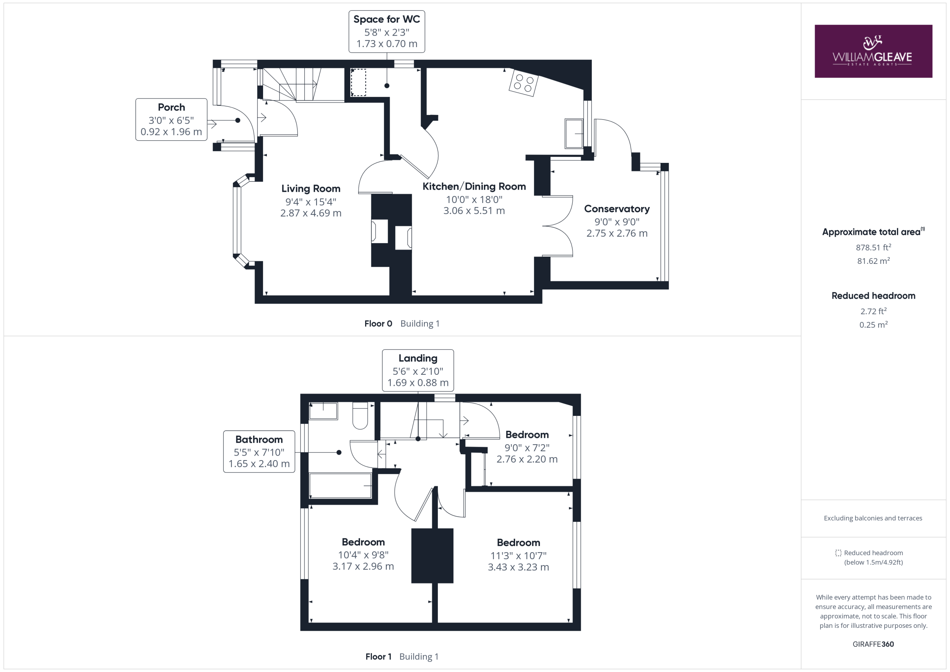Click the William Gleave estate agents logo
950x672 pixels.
point(873,51)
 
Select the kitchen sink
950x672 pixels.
point(574,133)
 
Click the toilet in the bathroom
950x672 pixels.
point(360,416)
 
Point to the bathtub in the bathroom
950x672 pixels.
point(341,486)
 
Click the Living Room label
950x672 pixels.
point(311,189)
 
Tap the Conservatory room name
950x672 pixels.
point(616,209)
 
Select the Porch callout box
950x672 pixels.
point(171,119)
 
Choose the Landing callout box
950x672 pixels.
point(418,370)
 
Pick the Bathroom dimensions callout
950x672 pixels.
point(259,452)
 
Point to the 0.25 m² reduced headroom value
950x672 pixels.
point(874,324)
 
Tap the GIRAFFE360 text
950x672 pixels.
point(873,644)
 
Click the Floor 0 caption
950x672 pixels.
point(378,324)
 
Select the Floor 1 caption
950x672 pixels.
point(378,656)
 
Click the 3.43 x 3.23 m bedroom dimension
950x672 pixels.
point(518,567)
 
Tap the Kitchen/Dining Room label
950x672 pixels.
point(474,187)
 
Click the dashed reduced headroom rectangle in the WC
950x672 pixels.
point(358,83)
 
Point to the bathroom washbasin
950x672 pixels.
point(324,411)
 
